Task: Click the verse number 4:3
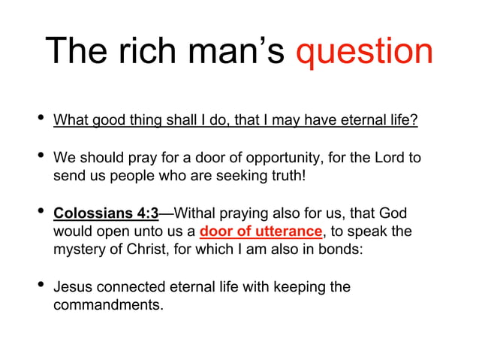[x=143, y=213]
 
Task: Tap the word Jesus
[x=73, y=287]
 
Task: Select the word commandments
[x=108, y=305]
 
